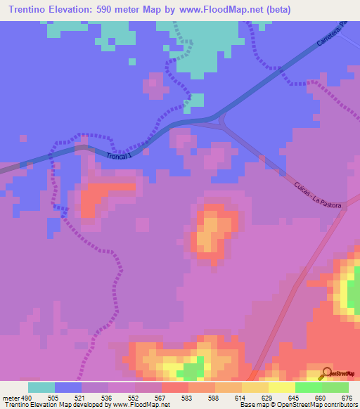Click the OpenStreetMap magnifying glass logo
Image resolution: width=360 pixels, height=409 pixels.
pos(327,372)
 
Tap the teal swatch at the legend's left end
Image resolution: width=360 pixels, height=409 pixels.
pos(41,387)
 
